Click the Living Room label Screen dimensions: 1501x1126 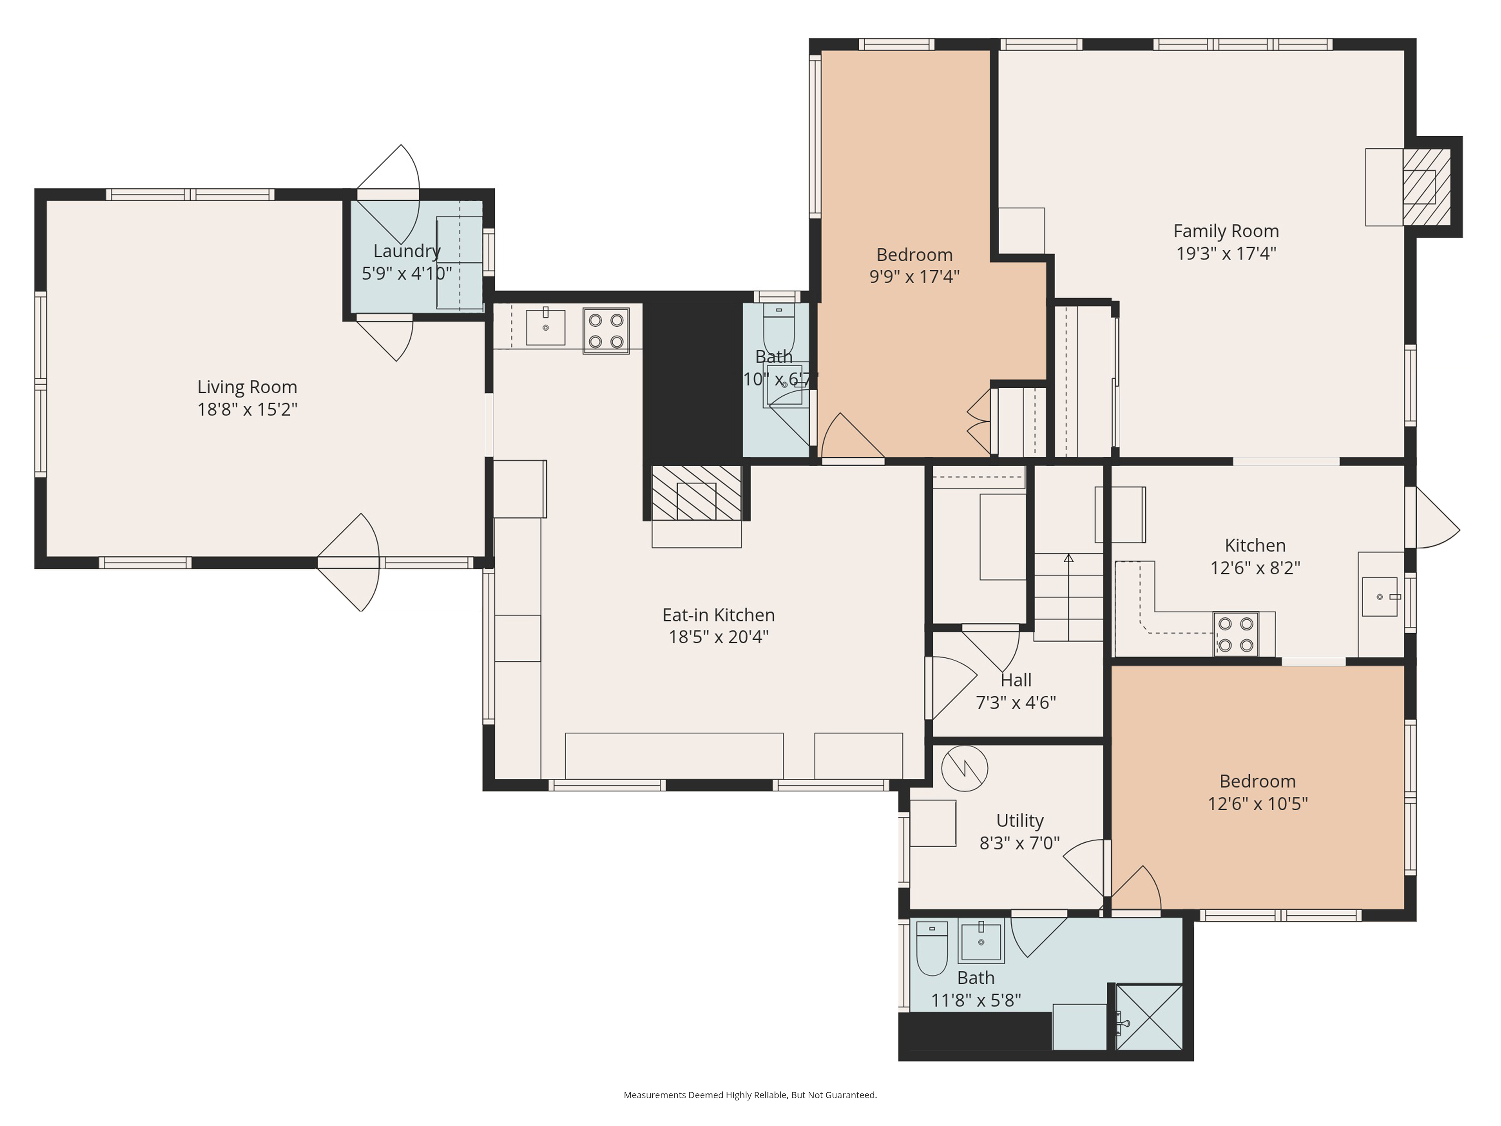pyautogui.click(x=247, y=387)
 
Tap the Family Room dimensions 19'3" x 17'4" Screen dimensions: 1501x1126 pyautogui.click(x=1226, y=254)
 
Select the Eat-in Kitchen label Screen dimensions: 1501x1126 pyautogui.click(x=719, y=615)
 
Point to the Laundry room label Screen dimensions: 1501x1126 pyautogui.click(x=407, y=251)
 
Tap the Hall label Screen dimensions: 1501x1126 pyautogui.click(x=1016, y=680)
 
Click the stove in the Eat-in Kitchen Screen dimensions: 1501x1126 pyautogui.click(x=606, y=331)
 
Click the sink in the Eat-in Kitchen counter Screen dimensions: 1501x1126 pyautogui.click(x=546, y=327)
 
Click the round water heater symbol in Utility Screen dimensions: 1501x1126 pyautogui.click(x=964, y=768)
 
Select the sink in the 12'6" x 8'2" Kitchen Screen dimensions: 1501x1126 pyautogui.click(x=1380, y=597)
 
